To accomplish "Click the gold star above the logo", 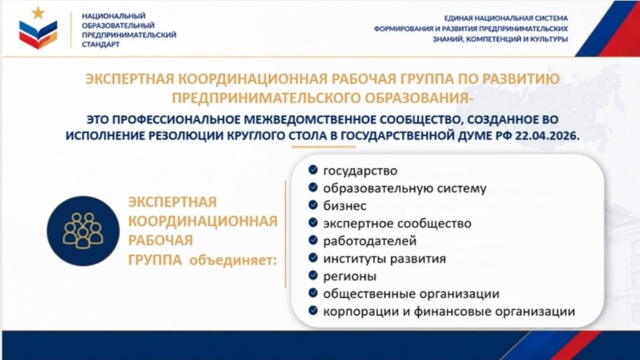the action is point(38,13).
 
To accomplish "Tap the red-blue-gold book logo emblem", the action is point(38,35).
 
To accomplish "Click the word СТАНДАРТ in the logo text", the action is point(101,45).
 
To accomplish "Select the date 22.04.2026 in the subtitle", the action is point(547,136).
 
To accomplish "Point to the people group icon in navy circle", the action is point(83,231).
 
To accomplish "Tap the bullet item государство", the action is point(360,170).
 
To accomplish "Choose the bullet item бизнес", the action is point(345,206).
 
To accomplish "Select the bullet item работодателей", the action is point(370,241).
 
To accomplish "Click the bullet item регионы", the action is point(350,276).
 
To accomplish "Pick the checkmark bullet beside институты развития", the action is point(313,257).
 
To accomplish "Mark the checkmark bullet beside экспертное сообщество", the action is point(313,223).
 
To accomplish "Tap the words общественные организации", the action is point(411,294).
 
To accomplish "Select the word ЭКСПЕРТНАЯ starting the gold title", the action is point(130,79).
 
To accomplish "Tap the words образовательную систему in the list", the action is point(405,188).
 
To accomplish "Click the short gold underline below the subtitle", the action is point(323,147).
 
